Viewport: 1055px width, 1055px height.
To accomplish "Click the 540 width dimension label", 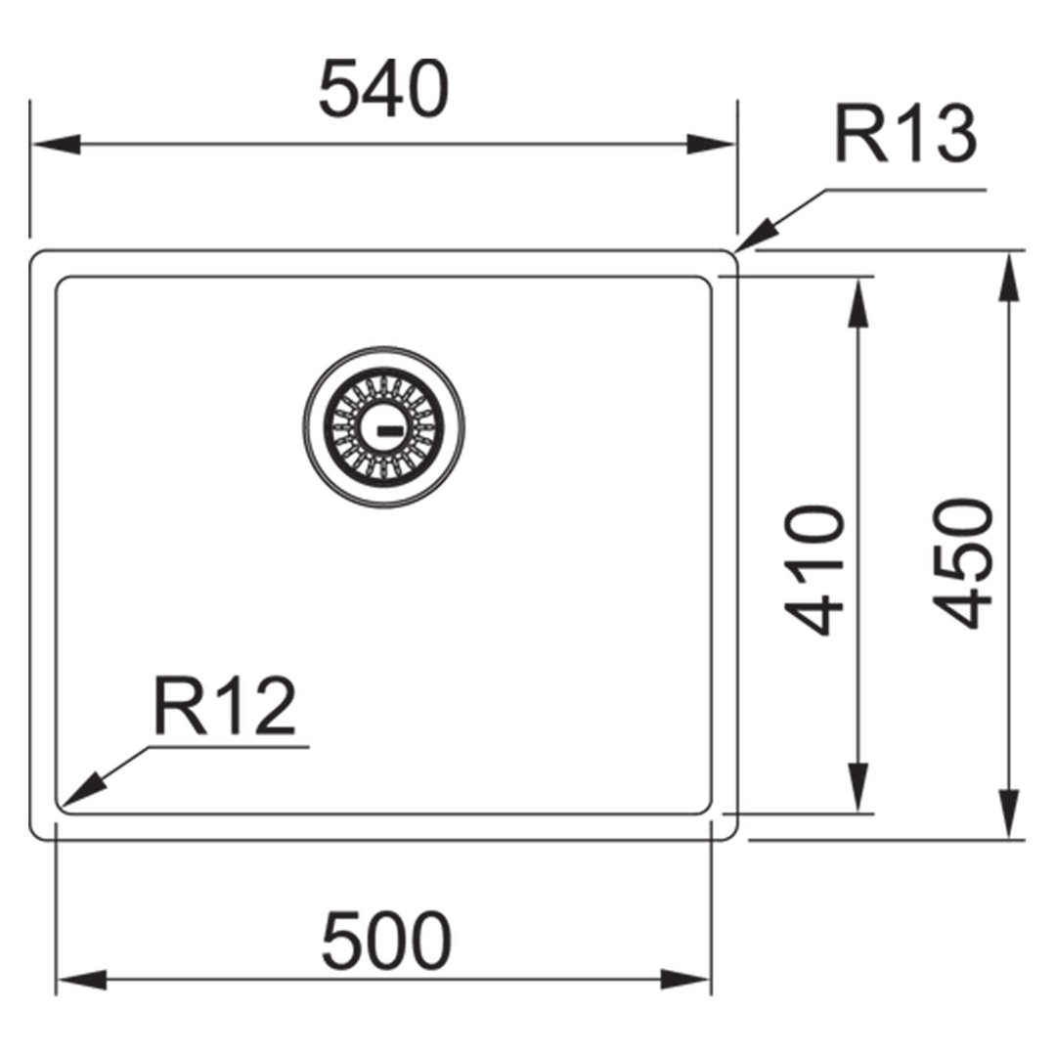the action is coord(383,90).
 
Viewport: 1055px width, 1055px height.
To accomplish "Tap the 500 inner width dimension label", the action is coord(386,940).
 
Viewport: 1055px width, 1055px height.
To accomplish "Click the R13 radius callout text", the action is coord(905,134).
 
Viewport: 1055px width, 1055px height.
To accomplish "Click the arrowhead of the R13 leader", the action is coord(757,237).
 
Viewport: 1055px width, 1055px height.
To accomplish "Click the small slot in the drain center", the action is coord(389,430).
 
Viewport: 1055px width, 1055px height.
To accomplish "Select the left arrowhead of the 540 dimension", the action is coord(57,144).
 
